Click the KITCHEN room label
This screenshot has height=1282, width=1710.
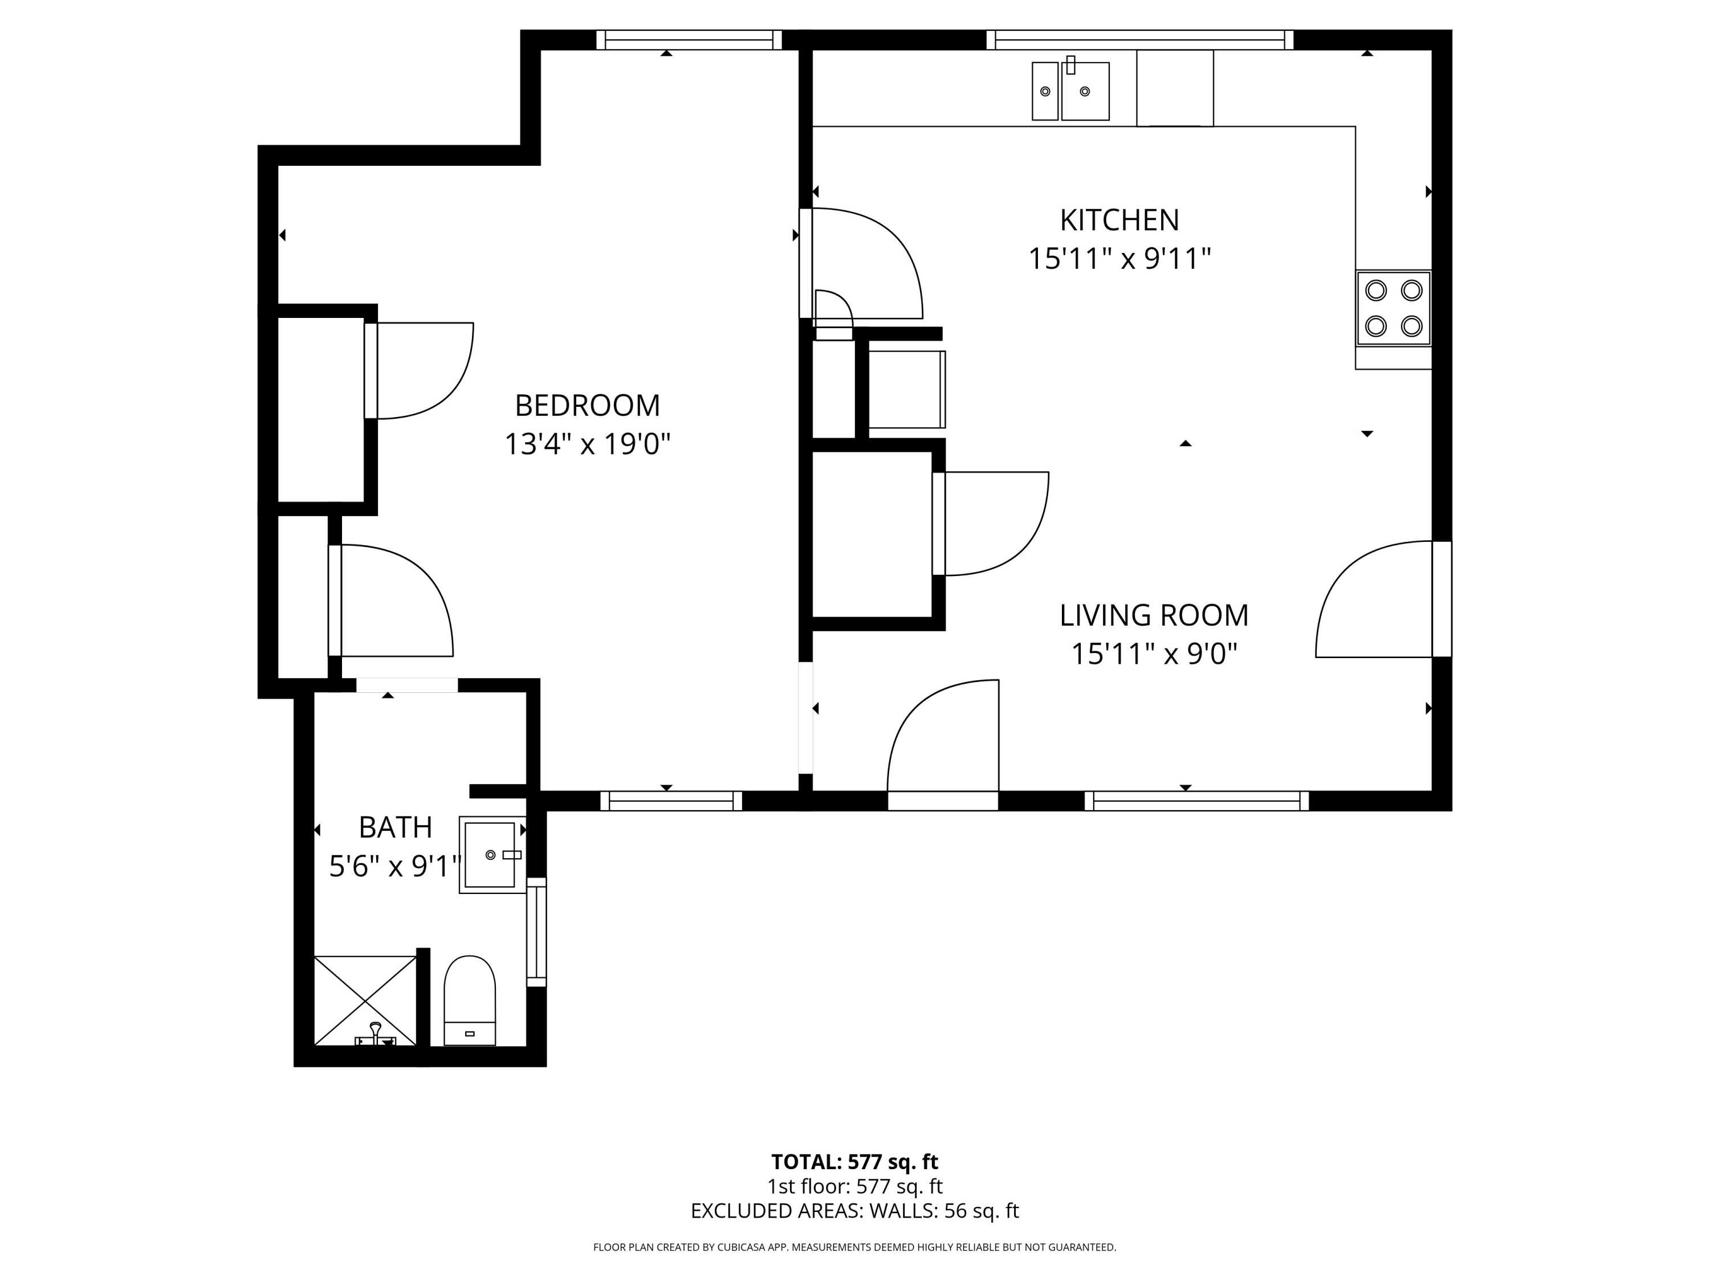(x=1119, y=221)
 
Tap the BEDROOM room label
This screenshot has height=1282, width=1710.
(x=588, y=405)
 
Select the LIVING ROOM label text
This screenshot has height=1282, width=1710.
(x=1154, y=615)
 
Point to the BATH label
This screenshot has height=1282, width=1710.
(x=395, y=828)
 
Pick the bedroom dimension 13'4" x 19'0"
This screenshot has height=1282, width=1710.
(x=588, y=444)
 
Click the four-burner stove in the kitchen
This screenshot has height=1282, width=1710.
(x=1393, y=308)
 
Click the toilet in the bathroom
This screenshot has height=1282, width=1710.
(x=469, y=1001)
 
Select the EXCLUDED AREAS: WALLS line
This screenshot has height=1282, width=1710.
(x=854, y=1211)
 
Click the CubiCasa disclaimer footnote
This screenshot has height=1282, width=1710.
(x=854, y=1247)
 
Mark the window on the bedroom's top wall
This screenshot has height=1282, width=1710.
(x=689, y=39)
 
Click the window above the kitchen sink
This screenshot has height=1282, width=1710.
(x=1139, y=39)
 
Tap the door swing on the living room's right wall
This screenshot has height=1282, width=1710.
(x=1374, y=599)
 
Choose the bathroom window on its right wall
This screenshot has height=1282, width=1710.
(x=536, y=932)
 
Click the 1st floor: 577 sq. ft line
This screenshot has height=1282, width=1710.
(x=854, y=1186)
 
